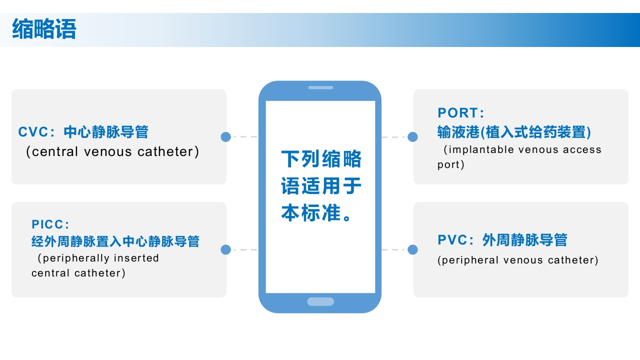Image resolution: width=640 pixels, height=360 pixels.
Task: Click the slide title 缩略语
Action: pyautogui.click(x=44, y=29)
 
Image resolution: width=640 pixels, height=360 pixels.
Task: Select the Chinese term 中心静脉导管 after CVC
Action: pyautogui.click(x=106, y=132)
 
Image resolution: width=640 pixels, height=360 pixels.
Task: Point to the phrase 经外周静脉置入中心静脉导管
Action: pyautogui.click(x=115, y=241)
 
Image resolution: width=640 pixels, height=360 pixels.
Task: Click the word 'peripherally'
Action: pyautogui.click(x=76, y=258)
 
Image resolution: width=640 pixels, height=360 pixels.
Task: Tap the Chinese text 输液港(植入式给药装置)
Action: pyautogui.click(x=514, y=132)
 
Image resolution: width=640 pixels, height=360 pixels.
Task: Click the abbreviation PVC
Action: pyautogui.click(x=453, y=240)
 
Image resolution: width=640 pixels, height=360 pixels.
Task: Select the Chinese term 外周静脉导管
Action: pyautogui.click(x=525, y=240)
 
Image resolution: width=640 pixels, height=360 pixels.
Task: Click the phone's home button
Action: pyautogui.click(x=320, y=301)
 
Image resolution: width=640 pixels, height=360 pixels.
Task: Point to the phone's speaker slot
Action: pyautogui.click(x=320, y=87)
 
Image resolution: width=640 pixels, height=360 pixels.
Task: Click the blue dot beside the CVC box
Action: pyautogui.click(x=225, y=136)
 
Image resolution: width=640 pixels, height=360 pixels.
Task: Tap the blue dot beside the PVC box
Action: pyautogui.click(x=412, y=249)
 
